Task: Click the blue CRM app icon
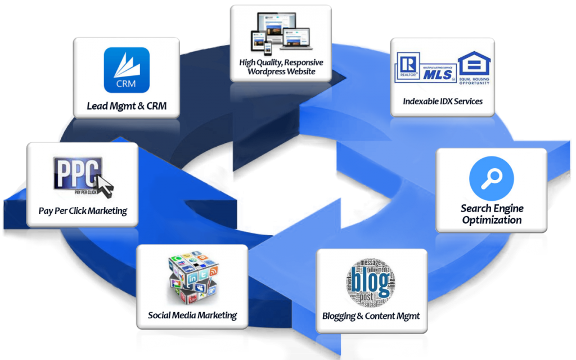pyautogui.click(x=127, y=70)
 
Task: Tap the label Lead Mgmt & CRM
pyautogui.click(x=127, y=106)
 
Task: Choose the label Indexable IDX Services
pyautogui.click(x=443, y=102)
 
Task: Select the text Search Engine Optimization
pyautogui.click(x=492, y=214)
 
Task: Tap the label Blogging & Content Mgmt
pyautogui.click(x=371, y=316)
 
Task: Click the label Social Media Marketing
pyautogui.click(x=192, y=315)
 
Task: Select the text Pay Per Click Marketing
pyautogui.click(x=83, y=211)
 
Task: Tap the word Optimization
pyautogui.click(x=492, y=220)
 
